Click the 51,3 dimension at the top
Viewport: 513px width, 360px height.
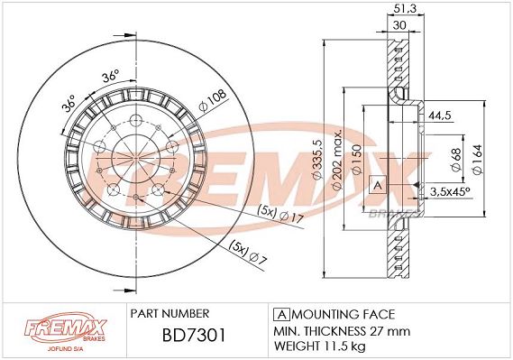click(x=405, y=8)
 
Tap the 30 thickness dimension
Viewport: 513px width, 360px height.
click(x=399, y=25)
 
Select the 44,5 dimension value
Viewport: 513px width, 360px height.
click(x=439, y=115)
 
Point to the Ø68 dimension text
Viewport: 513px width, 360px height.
click(x=455, y=159)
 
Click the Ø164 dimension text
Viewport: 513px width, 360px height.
click(x=477, y=160)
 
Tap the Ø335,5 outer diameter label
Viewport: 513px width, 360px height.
click(x=317, y=160)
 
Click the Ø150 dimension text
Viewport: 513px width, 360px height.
click(x=356, y=160)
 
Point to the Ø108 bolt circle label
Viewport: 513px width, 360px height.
click(x=212, y=100)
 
